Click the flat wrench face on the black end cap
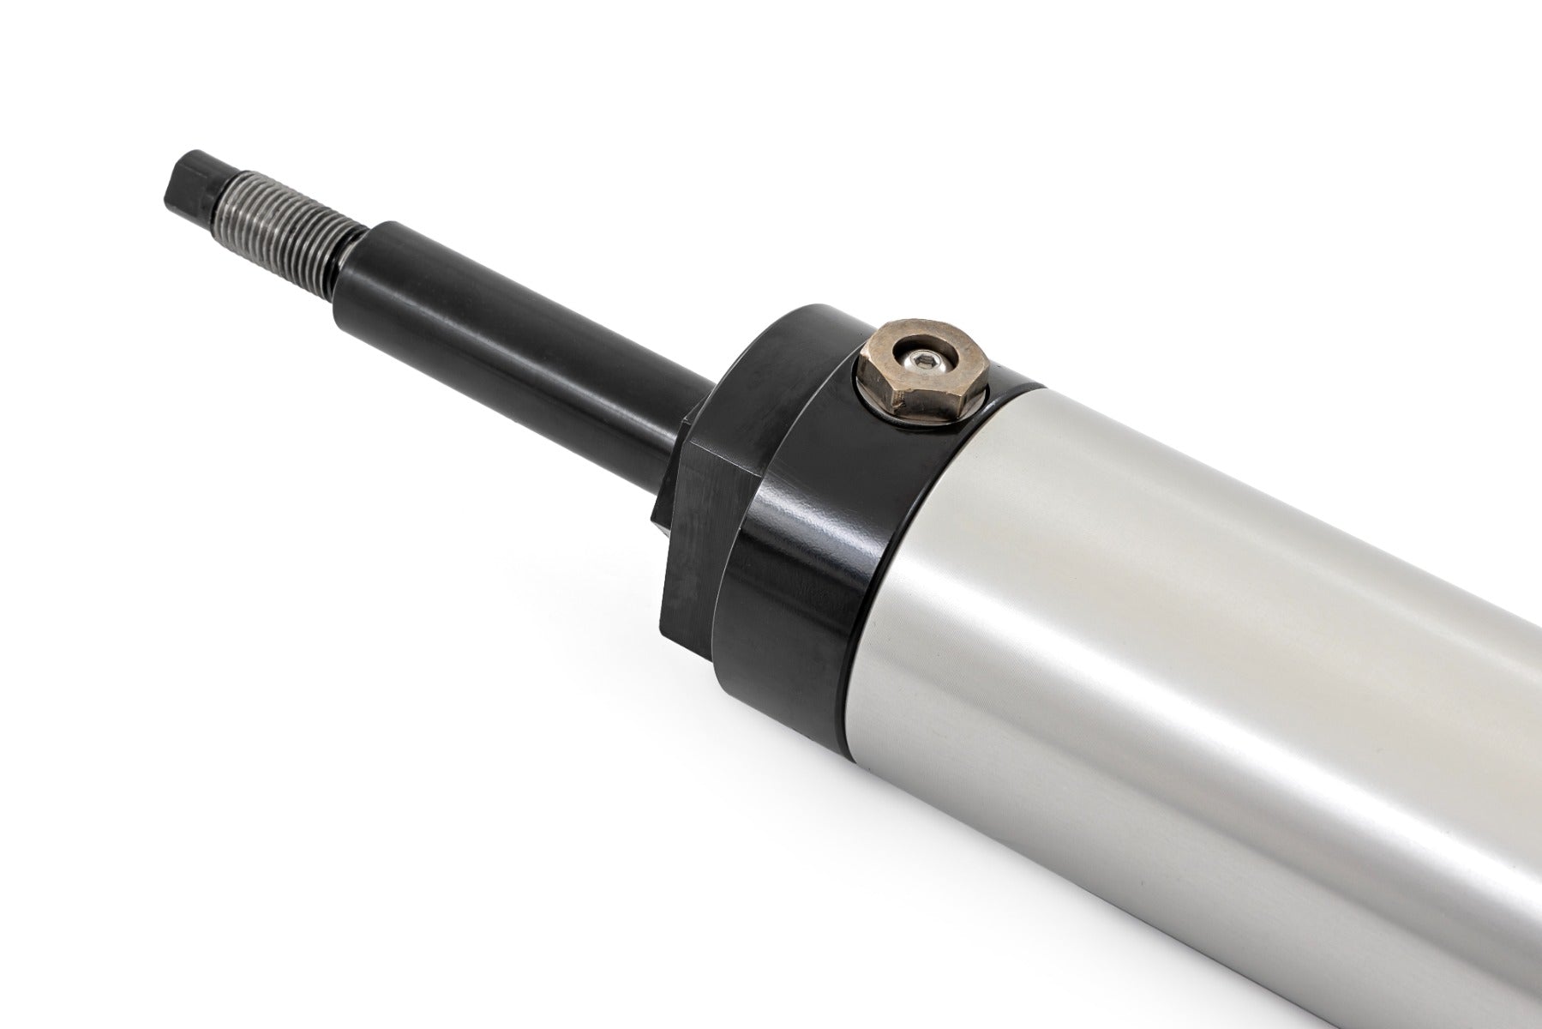(694, 532)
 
